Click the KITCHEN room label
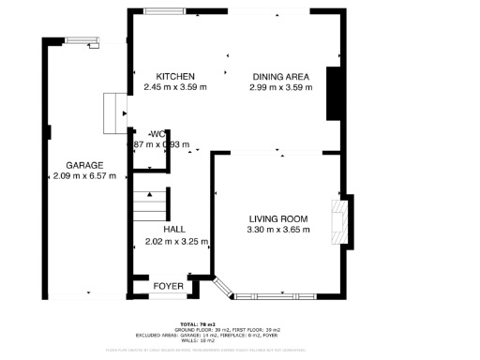click(175, 76)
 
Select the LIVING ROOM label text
click(277, 218)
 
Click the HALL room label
click(173, 229)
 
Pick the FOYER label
click(169, 285)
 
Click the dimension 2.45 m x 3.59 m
click(175, 87)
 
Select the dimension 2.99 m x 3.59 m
click(280, 87)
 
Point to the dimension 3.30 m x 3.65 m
click(277, 230)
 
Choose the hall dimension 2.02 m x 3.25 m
click(173, 241)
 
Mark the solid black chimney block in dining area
click(333, 94)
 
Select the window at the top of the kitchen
click(170, 11)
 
